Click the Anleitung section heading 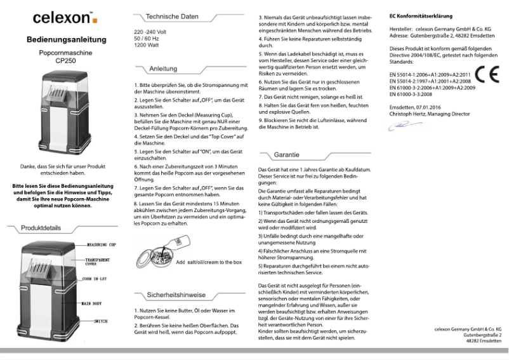pos(163,69)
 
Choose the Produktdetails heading pos(41,227)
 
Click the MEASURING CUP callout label pos(102,244)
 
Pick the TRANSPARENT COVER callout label pos(98,262)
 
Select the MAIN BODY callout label pos(95,304)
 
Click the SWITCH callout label pos(96,323)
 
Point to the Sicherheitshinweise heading pos(176,295)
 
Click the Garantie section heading pos(286,155)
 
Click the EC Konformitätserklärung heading pos(421,15)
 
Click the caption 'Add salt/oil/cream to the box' pos(209,262)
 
